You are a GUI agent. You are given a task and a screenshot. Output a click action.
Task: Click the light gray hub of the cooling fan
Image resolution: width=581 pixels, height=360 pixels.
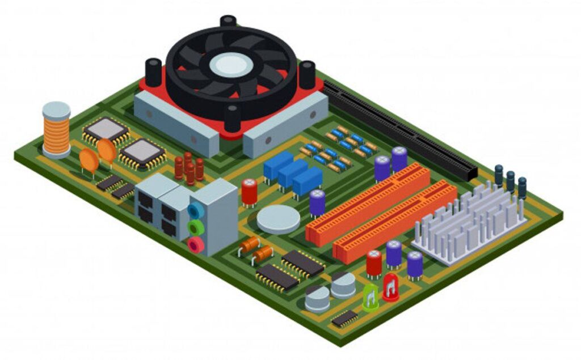coord(231,65)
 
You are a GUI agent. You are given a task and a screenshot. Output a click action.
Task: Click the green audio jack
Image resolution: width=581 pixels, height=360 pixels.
coord(196,228)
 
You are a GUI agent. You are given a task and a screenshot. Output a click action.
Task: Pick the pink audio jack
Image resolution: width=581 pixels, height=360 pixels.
coord(196,245)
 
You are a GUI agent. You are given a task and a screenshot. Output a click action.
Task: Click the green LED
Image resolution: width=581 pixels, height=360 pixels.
coord(371,297)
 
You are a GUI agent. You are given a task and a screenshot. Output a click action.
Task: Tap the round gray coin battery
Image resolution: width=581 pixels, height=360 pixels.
coord(277,218)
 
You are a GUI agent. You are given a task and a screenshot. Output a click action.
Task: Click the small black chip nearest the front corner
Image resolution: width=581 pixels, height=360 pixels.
coord(344,318)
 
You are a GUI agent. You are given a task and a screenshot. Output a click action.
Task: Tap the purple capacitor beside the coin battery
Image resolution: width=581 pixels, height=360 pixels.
coord(317,202)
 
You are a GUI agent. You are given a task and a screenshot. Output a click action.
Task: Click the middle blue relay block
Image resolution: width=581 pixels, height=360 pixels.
coord(292,173)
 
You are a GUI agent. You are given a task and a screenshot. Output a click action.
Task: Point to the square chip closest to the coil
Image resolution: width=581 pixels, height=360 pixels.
coord(106,130)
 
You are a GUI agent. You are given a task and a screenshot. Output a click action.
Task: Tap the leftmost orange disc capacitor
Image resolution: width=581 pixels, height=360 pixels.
coord(88,160)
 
